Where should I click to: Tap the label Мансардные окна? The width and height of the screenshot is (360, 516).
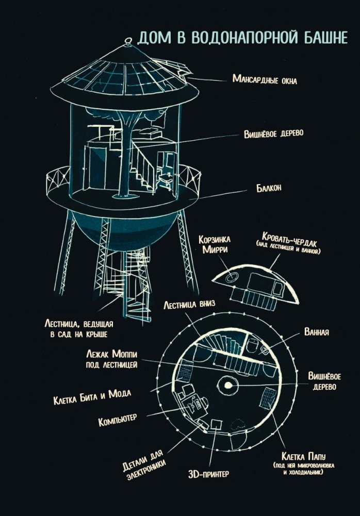[x=265, y=79]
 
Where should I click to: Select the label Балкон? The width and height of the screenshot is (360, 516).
[x=269, y=188]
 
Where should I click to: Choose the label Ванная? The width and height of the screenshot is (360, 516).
[x=317, y=332]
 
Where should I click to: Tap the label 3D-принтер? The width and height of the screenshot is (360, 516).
[x=208, y=474]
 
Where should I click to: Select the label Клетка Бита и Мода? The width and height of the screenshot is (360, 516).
[x=92, y=396]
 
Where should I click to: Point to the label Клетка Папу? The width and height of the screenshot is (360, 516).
[x=303, y=456]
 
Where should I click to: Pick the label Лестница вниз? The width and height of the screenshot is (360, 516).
[x=189, y=304]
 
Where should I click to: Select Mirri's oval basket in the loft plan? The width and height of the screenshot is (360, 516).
[x=231, y=278]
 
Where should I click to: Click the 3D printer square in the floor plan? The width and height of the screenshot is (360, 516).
[x=216, y=425]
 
